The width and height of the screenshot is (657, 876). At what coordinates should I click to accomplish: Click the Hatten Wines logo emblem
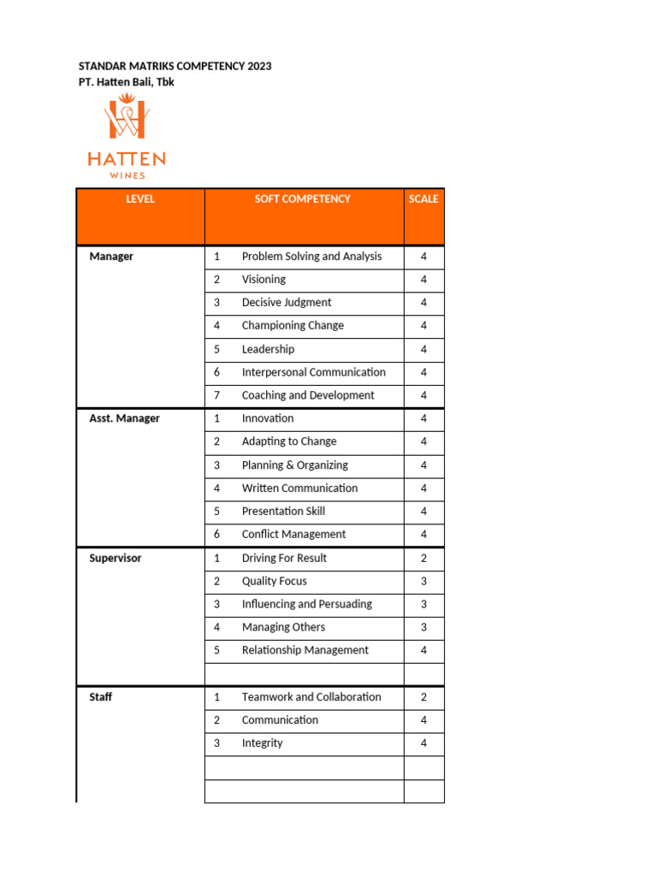[x=126, y=119]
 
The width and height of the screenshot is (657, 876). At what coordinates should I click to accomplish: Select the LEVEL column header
[x=140, y=199]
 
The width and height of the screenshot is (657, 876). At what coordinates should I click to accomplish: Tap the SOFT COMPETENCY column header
[x=302, y=199]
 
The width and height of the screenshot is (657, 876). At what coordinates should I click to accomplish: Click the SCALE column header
[x=423, y=199]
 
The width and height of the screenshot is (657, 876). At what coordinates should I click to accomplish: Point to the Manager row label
[x=111, y=257]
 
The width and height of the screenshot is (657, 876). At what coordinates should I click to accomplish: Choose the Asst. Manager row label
[x=124, y=418]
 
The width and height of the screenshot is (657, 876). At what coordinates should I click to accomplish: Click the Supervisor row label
[x=115, y=558]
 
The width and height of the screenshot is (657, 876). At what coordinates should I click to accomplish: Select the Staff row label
[x=100, y=697]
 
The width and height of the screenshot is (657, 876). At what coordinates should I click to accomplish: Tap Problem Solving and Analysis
[x=311, y=257]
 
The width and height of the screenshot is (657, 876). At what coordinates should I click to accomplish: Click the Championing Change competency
[x=293, y=326]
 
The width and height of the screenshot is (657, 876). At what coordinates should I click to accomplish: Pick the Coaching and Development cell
[x=307, y=395]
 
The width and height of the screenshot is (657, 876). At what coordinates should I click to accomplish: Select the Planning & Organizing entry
[x=294, y=465]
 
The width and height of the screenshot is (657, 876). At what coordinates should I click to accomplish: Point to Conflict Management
[x=293, y=535]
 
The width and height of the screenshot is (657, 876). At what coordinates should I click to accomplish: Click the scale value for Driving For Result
[x=423, y=558]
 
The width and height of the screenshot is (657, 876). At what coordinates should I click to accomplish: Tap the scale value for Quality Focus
[x=423, y=581]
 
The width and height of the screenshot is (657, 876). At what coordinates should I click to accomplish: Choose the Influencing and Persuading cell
[x=306, y=604]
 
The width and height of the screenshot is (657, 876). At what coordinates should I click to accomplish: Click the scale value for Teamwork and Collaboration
[x=423, y=697]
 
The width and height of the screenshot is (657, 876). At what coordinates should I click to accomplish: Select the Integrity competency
[x=262, y=743]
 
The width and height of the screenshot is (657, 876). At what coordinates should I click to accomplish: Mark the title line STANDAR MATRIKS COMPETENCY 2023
[x=175, y=66]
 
